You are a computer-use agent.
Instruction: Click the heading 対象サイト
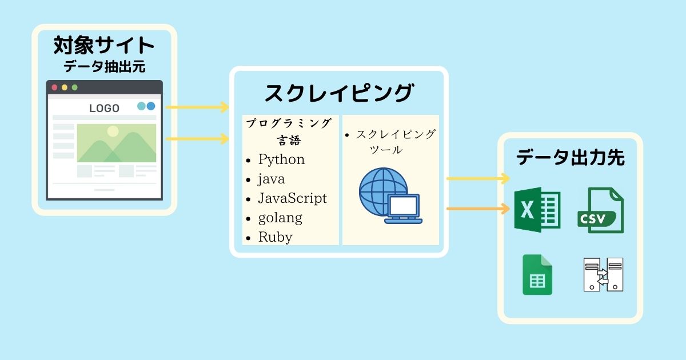(x=104, y=45)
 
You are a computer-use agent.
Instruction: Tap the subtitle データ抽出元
(x=104, y=67)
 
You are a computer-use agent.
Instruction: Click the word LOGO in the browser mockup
(x=104, y=108)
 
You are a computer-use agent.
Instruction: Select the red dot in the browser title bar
(x=55, y=87)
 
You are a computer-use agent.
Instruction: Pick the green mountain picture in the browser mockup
(x=117, y=143)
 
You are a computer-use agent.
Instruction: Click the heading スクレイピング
(x=338, y=93)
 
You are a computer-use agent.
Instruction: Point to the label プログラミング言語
(x=289, y=131)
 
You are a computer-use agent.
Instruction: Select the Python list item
(x=281, y=159)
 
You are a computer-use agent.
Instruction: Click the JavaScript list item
(x=292, y=198)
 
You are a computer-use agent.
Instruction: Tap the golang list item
(x=280, y=217)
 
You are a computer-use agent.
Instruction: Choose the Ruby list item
(x=275, y=237)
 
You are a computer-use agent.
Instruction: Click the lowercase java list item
(x=271, y=178)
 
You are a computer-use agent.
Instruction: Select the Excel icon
(x=537, y=210)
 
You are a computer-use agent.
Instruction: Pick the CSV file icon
(x=600, y=210)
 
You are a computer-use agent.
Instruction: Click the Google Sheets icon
(x=537, y=275)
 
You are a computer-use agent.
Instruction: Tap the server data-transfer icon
(x=603, y=275)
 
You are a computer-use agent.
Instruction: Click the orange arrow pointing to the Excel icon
(x=477, y=209)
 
